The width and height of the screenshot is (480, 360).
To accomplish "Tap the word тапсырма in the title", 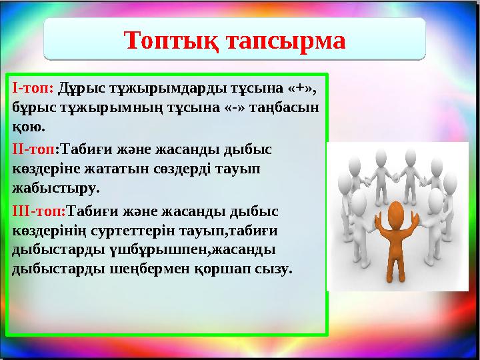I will tap(289, 41).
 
